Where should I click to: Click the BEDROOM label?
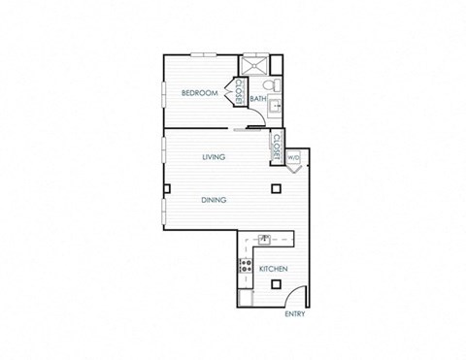tap(198, 93)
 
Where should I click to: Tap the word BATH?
tap(258, 98)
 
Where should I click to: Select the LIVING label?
tap(215, 155)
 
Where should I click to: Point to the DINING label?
tap(215, 200)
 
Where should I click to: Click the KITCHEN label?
tap(271, 268)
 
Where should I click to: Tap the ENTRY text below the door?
tap(294, 314)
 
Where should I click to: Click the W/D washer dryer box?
tap(292, 156)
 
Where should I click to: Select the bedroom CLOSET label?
tap(236, 95)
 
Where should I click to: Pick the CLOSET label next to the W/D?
tap(276, 147)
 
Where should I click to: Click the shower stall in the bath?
tap(254, 65)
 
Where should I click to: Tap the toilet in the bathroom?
tap(276, 87)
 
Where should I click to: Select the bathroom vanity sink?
tap(275, 107)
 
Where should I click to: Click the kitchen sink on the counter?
tap(262, 237)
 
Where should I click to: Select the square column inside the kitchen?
tap(278, 285)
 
